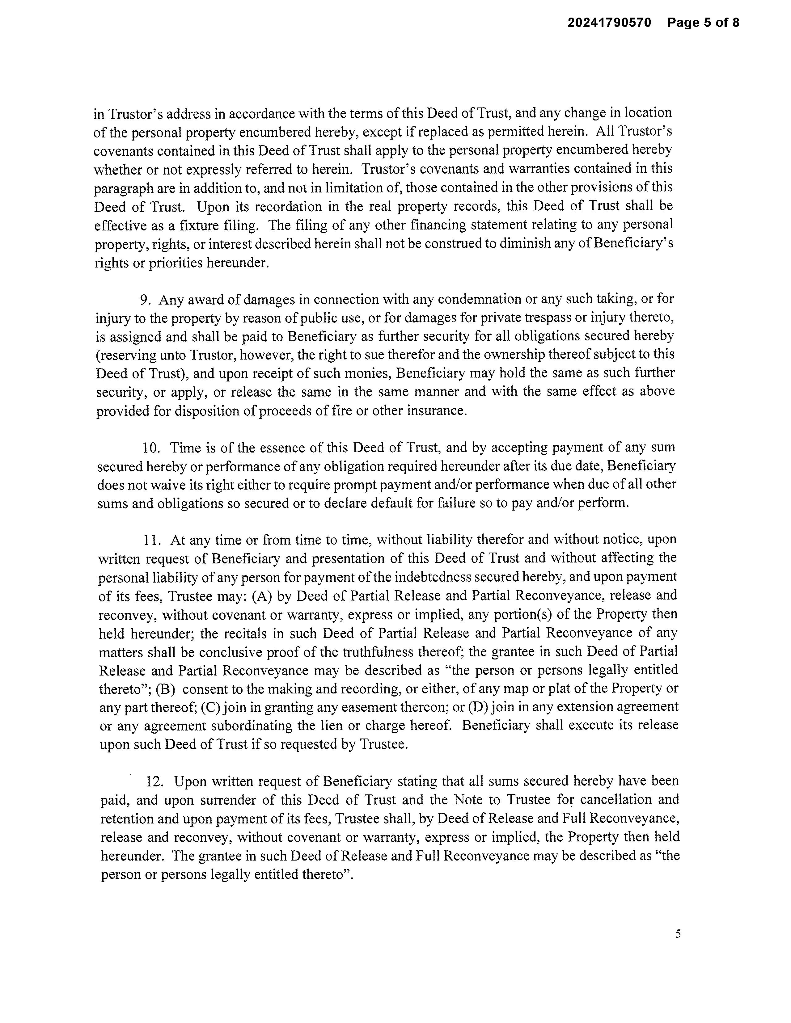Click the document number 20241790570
pos(609,23)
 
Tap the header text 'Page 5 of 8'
pos(703,23)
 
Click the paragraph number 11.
pos(152,540)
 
